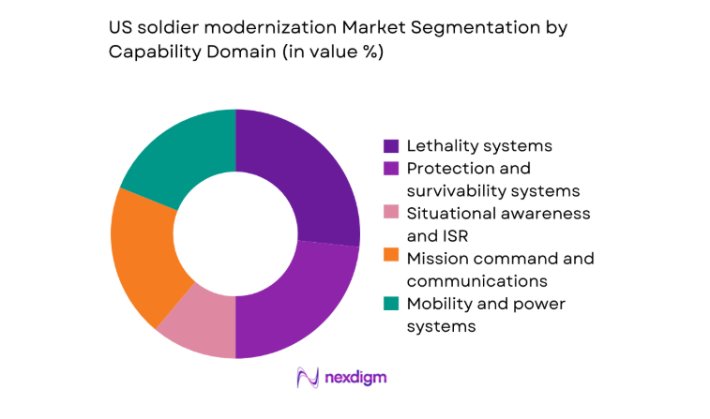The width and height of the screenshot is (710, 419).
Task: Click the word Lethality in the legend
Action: coord(438,146)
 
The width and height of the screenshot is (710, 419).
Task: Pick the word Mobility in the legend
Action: coord(435,304)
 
